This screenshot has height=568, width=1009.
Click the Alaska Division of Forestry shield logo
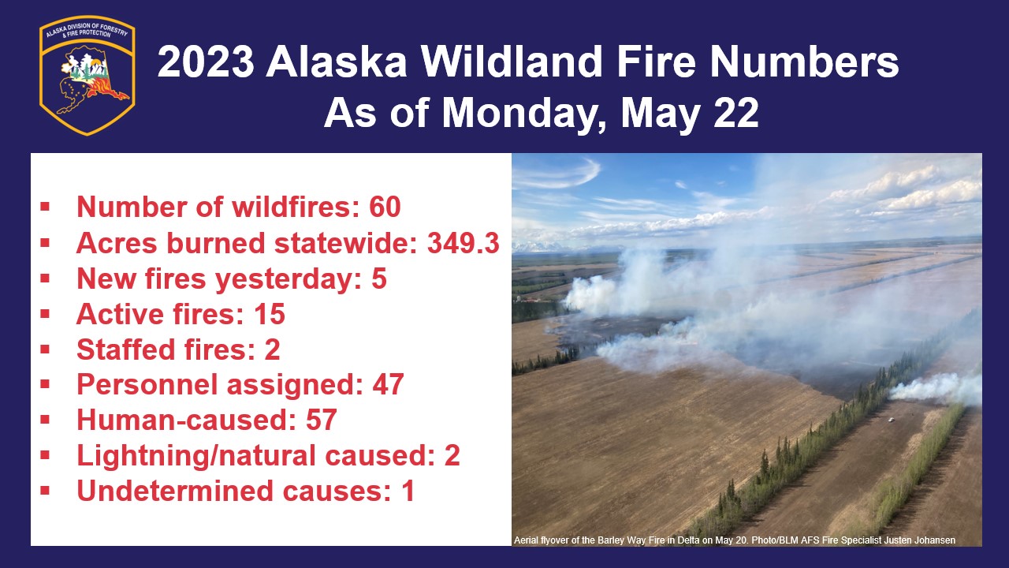pyautogui.click(x=87, y=75)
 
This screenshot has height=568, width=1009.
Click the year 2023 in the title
pyautogui.click(x=207, y=62)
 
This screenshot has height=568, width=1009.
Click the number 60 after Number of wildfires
pyautogui.click(x=385, y=207)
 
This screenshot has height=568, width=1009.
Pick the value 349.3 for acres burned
pyautogui.click(x=463, y=244)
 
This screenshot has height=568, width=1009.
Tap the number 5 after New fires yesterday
pyautogui.click(x=379, y=278)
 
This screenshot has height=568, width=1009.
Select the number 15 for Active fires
pyautogui.click(x=270, y=314)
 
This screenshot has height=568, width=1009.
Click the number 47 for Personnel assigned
pyautogui.click(x=388, y=384)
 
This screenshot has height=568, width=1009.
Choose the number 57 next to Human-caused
pyautogui.click(x=321, y=420)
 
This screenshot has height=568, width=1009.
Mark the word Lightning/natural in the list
pyautogui.click(x=196, y=456)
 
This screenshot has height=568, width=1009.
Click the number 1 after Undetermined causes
pyautogui.click(x=408, y=491)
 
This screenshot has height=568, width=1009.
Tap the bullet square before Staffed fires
pyautogui.click(x=45, y=349)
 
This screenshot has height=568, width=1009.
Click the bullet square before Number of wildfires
pyautogui.click(x=45, y=207)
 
